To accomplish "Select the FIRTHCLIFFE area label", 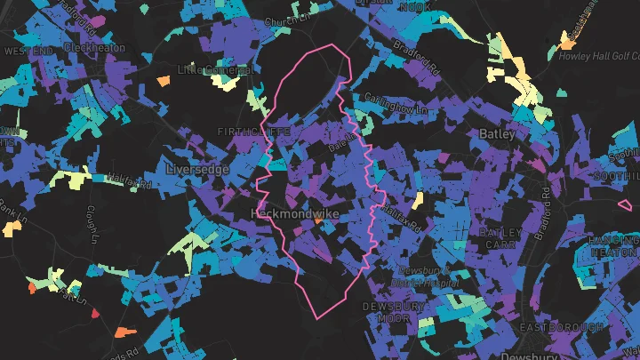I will point(253,132).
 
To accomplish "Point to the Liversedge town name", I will point(196,169).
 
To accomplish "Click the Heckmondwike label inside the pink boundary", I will point(295,215).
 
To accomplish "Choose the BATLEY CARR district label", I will point(506,238).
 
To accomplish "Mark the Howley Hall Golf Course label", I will point(598,55).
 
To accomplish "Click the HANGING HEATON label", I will point(613,246).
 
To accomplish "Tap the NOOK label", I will point(414,6).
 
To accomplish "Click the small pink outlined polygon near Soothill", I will point(624,204).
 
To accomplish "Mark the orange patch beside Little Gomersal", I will point(164,81).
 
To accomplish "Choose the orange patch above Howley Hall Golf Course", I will point(566,40).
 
